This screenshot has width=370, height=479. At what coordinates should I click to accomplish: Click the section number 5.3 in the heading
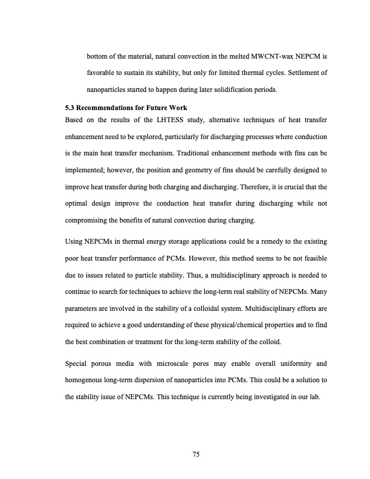[x=70, y=108]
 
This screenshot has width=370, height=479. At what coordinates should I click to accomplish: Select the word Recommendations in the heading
[x=105, y=108]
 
